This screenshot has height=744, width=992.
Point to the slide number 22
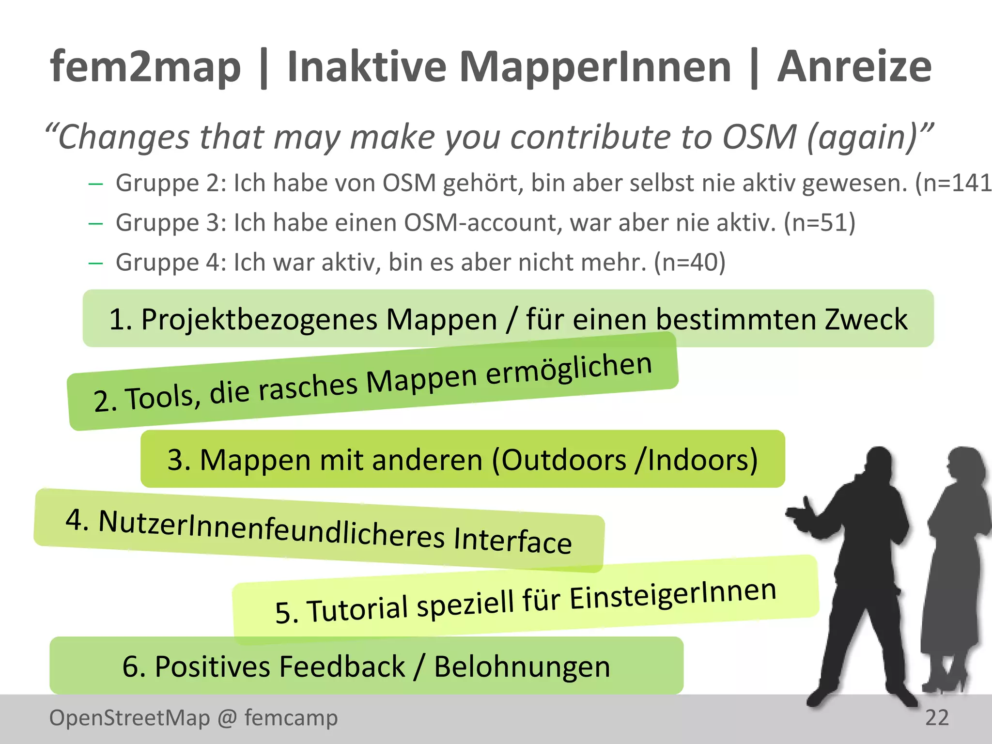(937, 717)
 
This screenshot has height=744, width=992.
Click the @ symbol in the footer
(227, 717)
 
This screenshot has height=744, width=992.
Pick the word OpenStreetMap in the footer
(129, 717)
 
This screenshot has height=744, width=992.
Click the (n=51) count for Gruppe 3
(820, 223)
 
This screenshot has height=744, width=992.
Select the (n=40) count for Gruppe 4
(690, 263)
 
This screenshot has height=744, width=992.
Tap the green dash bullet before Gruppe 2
(96, 184)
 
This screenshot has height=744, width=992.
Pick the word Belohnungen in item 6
(522, 666)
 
